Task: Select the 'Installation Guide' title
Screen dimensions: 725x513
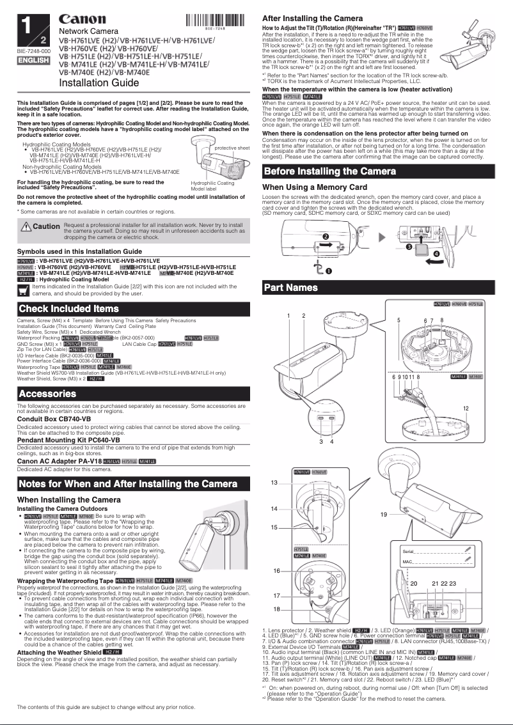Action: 99,83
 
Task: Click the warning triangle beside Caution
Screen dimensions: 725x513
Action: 26,227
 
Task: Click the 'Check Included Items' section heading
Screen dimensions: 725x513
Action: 69,309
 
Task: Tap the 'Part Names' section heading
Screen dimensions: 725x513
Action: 291,288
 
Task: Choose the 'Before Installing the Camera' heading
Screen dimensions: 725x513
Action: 330,171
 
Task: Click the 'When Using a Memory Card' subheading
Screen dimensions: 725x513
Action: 311,187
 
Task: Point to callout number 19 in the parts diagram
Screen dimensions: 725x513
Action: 383,515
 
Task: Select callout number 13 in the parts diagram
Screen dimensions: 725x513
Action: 274,482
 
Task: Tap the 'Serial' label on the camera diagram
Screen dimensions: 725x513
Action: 409,550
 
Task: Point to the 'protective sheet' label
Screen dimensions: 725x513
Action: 232,148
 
